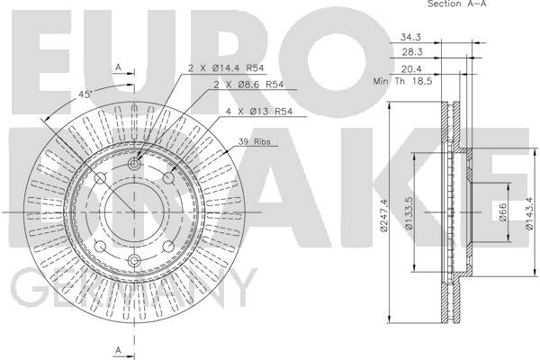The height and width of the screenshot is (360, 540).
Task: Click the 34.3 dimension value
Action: coord(410,37)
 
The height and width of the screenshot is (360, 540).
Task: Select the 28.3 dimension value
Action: coord(412,52)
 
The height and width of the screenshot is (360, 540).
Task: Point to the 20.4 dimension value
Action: coord(411,69)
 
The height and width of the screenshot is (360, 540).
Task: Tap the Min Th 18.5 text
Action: coord(402,82)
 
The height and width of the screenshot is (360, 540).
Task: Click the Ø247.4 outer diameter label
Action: coord(383,216)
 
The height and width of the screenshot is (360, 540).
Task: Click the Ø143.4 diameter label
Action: coord(529,213)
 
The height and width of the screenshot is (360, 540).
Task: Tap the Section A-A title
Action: coord(456,4)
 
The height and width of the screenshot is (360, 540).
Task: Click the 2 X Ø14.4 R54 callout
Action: coord(226,68)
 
